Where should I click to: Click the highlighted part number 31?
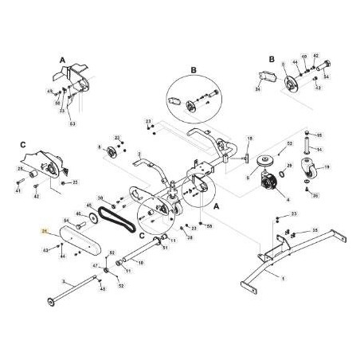click(x=45, y=232)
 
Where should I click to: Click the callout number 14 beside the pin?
click(x=319, y=148)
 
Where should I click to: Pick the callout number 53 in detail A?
click(x=72, y=123)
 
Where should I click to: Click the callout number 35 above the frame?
click(x=315, y=230)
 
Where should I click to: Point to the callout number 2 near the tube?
click(x=139, y=154)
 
